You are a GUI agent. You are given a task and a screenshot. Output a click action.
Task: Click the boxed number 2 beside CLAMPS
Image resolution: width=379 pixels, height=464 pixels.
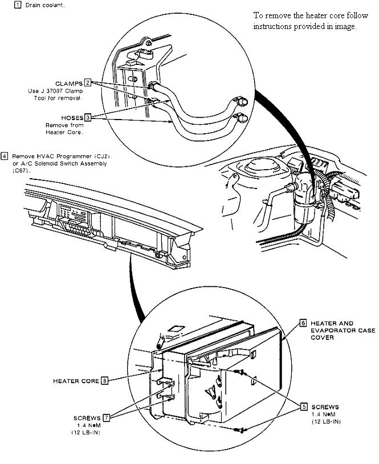[x=88, y=83]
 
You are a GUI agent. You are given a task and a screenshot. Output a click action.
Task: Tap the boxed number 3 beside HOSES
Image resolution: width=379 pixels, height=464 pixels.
[x=88, y=117]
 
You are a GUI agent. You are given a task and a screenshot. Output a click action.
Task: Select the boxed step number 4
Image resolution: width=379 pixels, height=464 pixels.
[x=5, y=155]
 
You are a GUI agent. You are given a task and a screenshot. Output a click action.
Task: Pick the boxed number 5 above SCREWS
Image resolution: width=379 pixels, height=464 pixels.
[x=304, y=406]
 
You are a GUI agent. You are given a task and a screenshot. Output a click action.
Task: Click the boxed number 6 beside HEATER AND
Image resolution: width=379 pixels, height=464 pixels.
[x=303, y=322]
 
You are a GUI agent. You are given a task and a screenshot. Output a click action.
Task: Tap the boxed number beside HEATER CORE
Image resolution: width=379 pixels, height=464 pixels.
[x=104, y=381]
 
